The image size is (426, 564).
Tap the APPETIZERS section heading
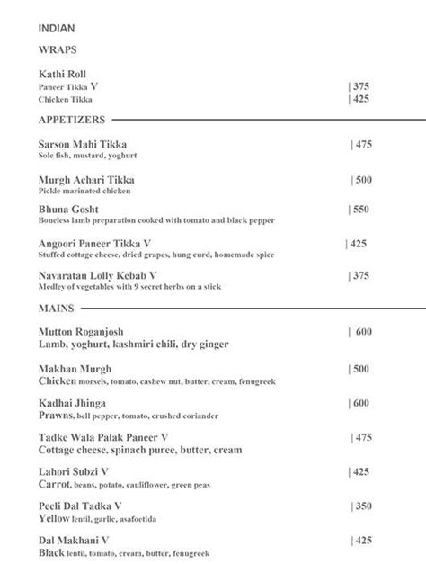[73, 119]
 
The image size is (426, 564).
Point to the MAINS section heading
[57, 308]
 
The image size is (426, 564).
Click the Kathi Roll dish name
[63, 74]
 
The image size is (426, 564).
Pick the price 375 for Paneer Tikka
[360, 86]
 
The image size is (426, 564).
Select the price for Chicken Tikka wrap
[360, 99]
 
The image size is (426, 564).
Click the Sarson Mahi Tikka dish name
[84, 144]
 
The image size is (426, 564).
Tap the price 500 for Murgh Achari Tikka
[364, 180]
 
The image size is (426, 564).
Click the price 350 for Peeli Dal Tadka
[360, 506]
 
